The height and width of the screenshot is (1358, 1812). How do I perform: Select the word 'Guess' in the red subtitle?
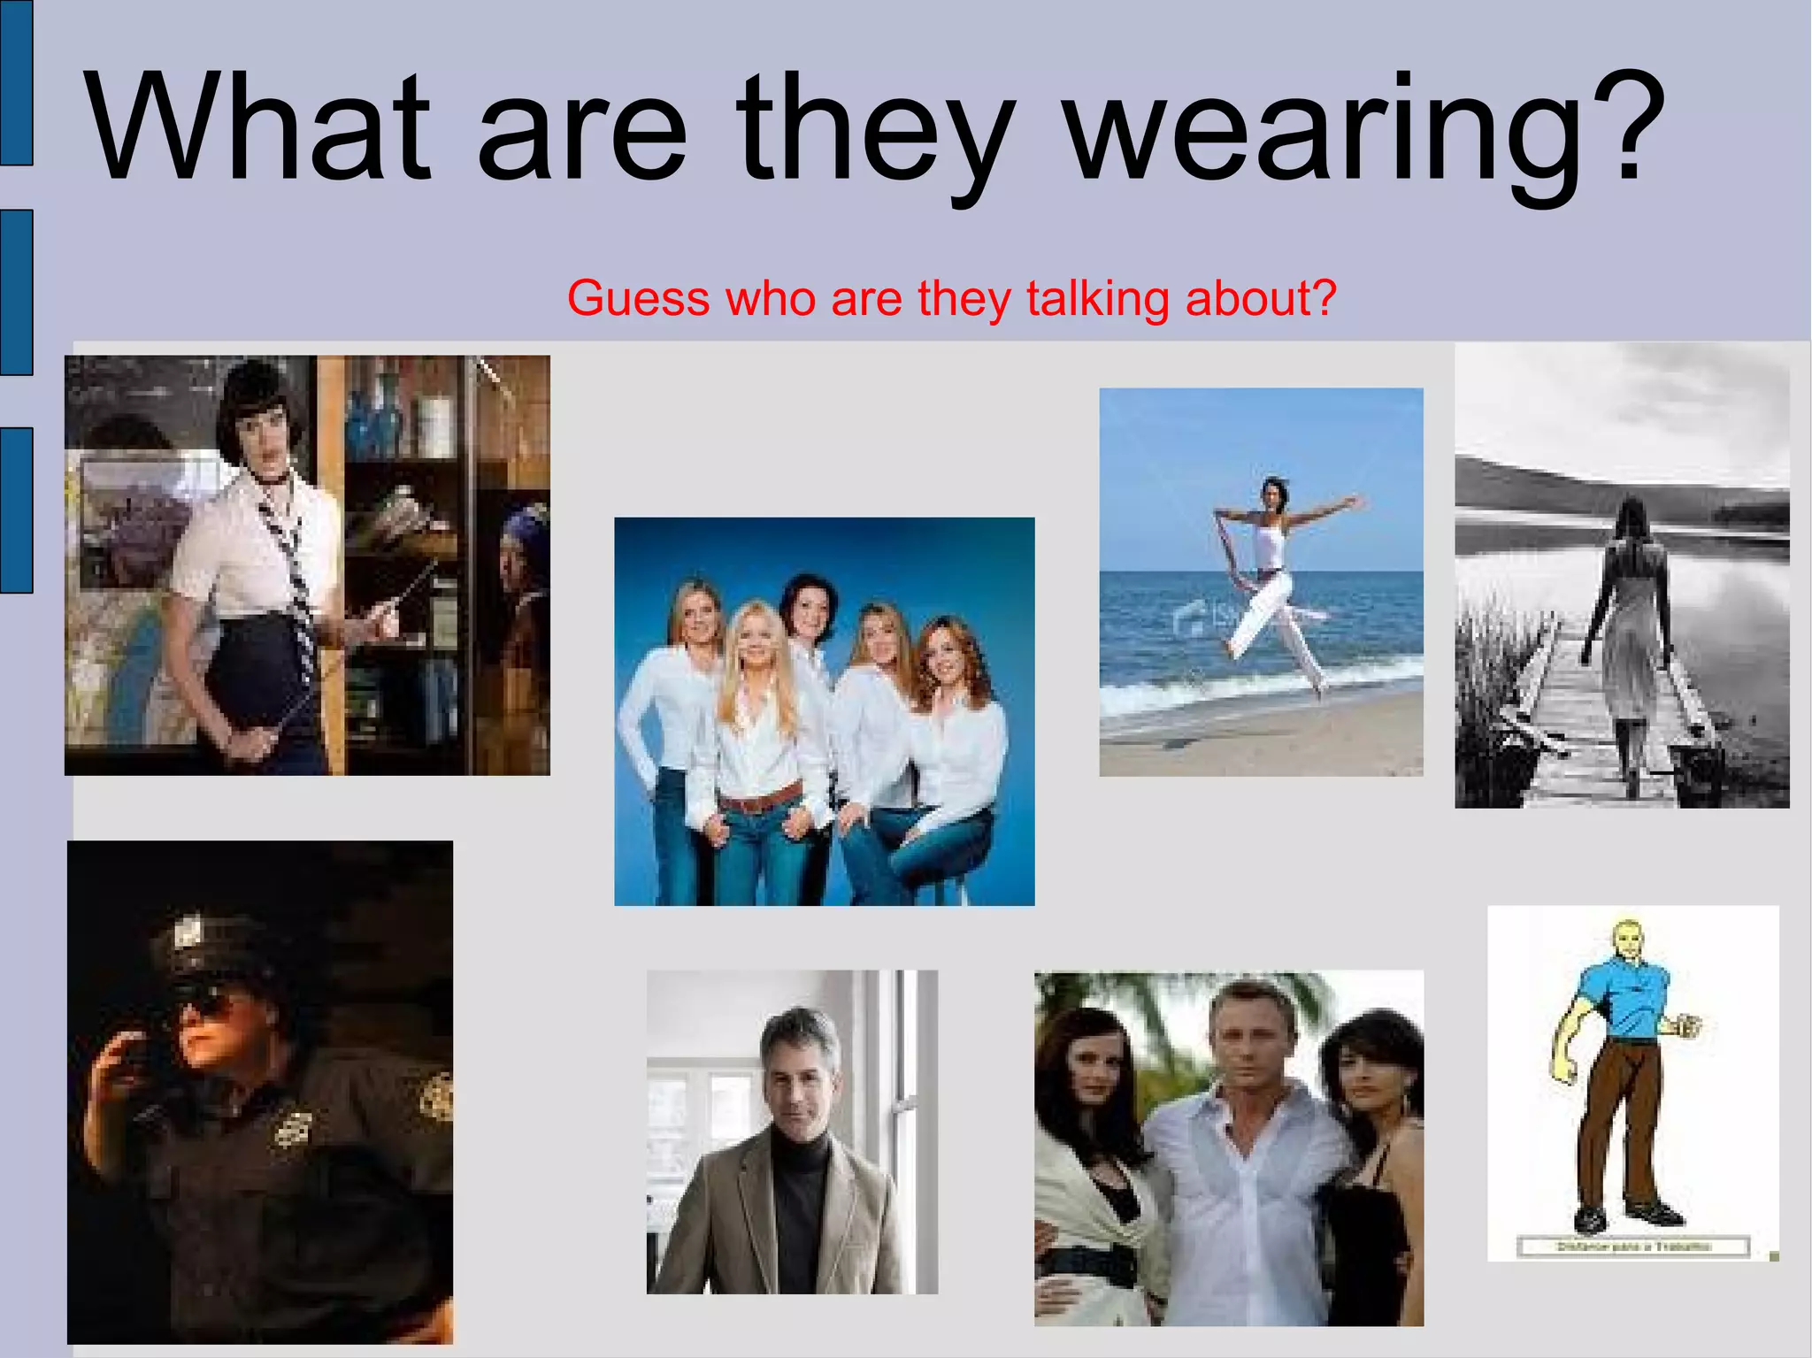click(638, 298)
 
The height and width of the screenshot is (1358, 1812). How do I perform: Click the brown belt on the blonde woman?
click(760, 800)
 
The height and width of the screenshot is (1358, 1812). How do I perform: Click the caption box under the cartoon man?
click(1632, 1247)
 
